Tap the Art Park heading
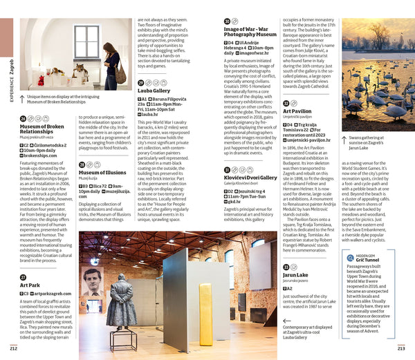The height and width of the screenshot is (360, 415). coord(30,285)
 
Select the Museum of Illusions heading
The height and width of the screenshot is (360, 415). coord(102,172)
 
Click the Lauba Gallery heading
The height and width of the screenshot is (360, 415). coord(154,91)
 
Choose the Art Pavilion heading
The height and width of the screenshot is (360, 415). coord(297,111)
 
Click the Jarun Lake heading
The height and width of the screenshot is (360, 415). coord(296,275)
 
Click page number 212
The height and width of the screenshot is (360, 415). coord(15,348)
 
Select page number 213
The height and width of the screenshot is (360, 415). coord(401,348)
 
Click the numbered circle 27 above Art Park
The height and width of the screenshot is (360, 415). coord(24,277)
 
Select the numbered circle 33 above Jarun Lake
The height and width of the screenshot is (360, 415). coord(286,267)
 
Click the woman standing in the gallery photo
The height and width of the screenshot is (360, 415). coord(111,66)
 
